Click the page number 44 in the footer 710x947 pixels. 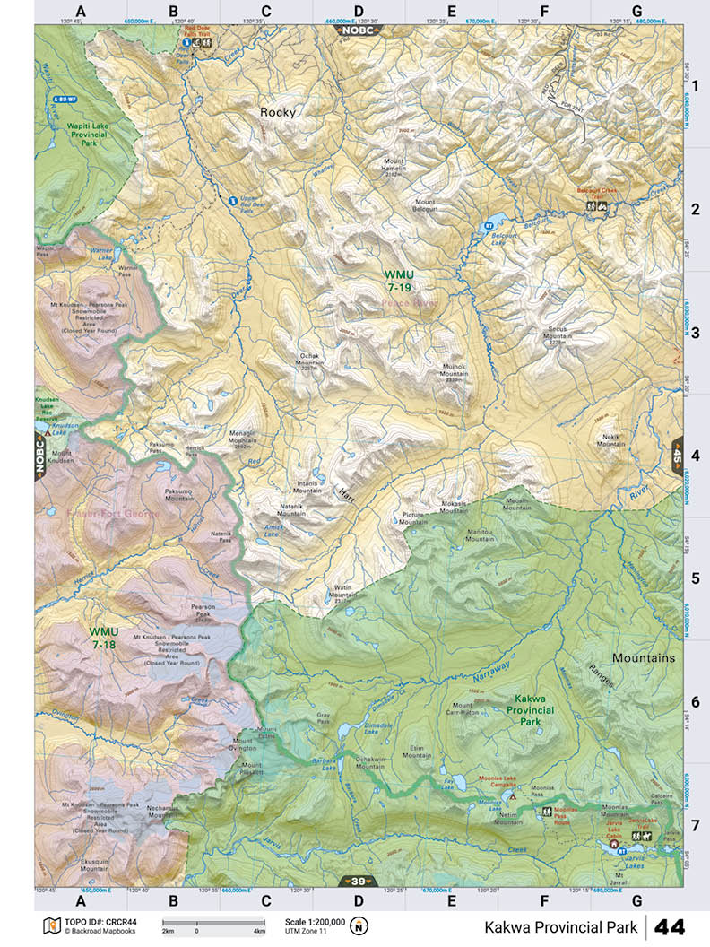pos(672,925)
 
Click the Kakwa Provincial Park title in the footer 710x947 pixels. pos(561,926)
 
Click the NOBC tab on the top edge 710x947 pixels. pos(358,30)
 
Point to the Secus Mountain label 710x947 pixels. pos(558,333)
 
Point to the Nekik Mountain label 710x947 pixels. pos(611,439)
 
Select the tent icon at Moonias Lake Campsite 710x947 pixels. pos(513,795)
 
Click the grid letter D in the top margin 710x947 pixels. pos(359,11)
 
